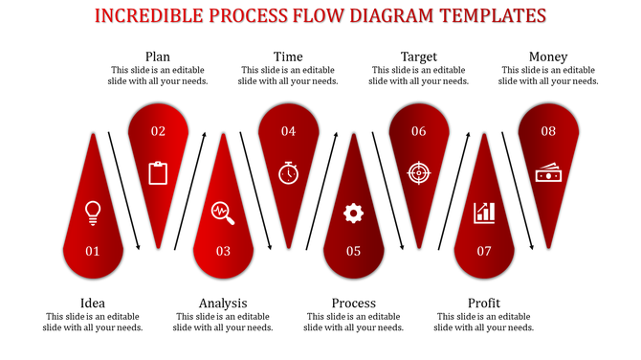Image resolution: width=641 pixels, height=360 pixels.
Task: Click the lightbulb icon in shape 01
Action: (x=93, y=212)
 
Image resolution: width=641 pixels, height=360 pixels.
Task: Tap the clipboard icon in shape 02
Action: (x=158, y=172)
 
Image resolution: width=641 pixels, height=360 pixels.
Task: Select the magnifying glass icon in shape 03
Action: (x=223, y=212)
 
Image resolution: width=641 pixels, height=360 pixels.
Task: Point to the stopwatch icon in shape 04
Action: (x=288, y=172)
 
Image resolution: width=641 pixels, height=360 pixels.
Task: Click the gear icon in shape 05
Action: (x=353, y=213)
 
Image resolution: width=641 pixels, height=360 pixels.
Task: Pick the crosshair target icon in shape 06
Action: (x=418, y=172)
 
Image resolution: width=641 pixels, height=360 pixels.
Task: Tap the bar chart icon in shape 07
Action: (x=484, y=212)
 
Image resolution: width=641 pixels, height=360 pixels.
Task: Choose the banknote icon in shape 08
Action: (x=548, y=173)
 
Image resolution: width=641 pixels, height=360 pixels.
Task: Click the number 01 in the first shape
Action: (x=93, y=252)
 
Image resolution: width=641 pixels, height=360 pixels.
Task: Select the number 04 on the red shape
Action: (x=288, y=131)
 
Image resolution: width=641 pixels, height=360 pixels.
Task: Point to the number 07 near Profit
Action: (x=484, y=252)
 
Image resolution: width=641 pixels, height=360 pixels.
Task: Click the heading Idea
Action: (x=93, y=304)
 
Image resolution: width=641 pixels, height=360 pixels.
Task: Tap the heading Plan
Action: (x=158, y=56)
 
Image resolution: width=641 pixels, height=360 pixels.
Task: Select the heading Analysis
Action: (x=223, y=304)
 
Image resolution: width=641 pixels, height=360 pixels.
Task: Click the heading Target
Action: (x=418, y=56)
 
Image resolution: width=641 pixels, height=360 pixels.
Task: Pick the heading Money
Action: (x=548, y=56)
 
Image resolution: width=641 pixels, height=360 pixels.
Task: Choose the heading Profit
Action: (x=484, y=304)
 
